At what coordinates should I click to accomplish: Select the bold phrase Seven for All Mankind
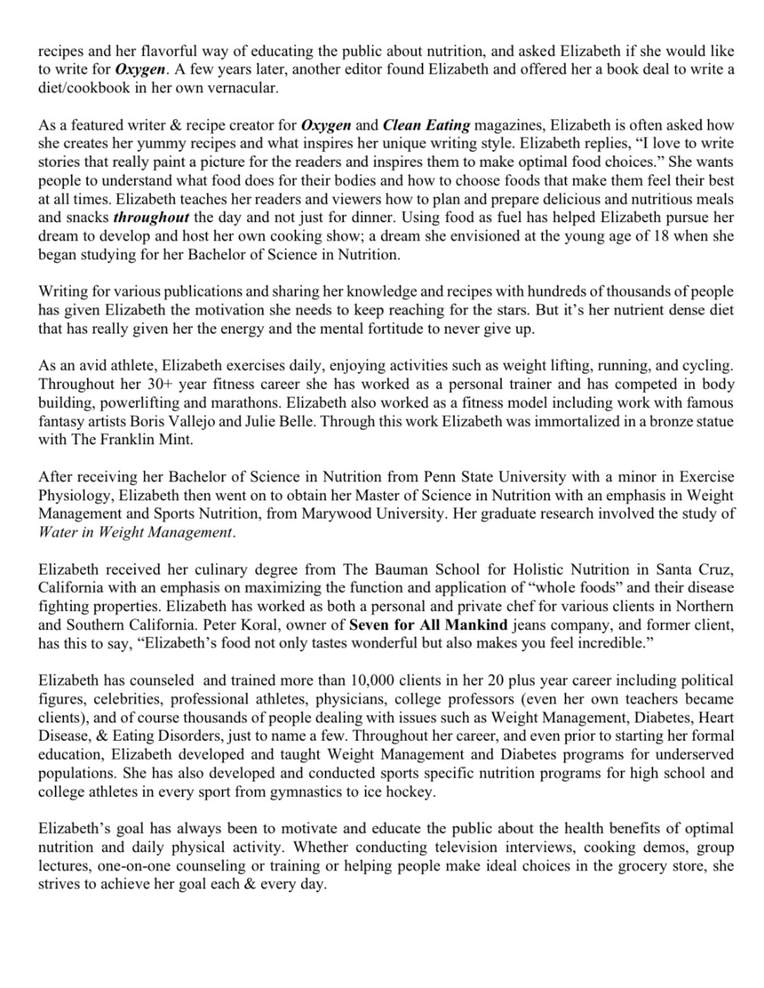pyautogui.click(x=428, y=625)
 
